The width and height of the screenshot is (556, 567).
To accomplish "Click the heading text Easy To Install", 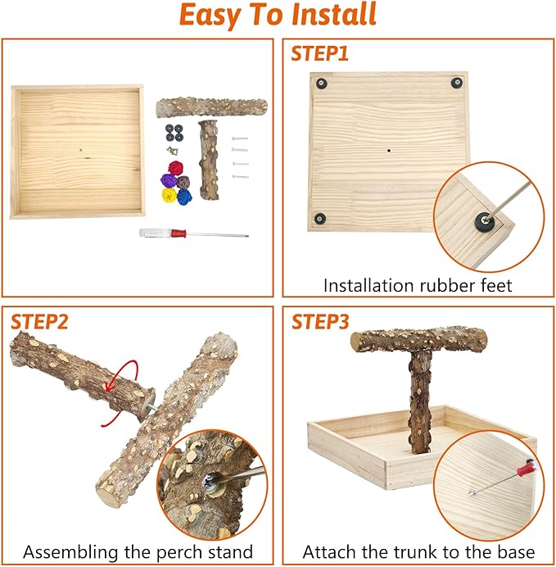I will [278, 16].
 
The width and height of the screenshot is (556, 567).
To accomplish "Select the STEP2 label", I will [40, 321].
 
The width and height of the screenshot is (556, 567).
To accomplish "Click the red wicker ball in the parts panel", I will [174, 168].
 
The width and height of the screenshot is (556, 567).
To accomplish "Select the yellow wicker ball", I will [170, 196].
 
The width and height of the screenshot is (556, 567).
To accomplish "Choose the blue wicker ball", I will [184, 197].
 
